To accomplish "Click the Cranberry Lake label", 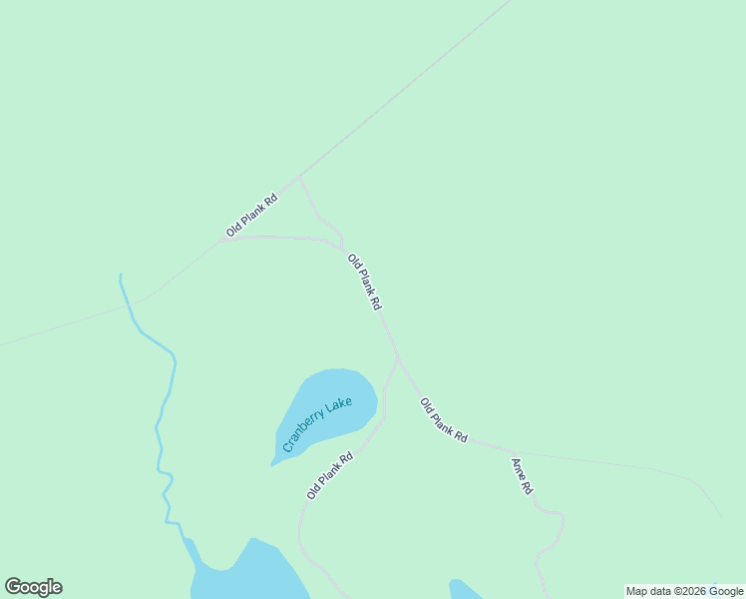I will point(318,424).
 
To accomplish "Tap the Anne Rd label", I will point(522,476).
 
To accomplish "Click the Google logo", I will point(33,587).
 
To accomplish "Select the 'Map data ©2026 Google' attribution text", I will point(684,591).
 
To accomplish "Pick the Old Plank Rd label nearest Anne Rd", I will point(444,420).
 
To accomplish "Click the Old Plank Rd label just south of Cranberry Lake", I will point(330,476).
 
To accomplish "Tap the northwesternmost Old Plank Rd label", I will point(251,215).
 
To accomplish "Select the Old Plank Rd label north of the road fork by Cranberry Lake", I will point(364,282).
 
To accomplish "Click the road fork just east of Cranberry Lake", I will point(398,358).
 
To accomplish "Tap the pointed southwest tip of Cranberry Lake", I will point(272,464).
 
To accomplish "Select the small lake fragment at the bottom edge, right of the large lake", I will point(464,589).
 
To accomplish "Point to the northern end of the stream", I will point(121,275).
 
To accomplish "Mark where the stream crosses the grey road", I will point(130,306).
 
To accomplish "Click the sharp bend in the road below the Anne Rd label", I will point(561,518).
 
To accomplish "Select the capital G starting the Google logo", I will point(13,587).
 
